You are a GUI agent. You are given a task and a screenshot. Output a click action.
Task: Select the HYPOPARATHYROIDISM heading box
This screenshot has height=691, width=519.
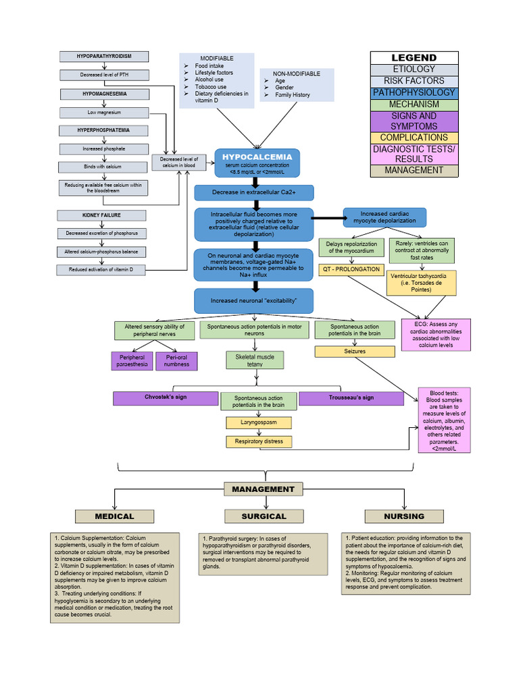click(x=103, y=57)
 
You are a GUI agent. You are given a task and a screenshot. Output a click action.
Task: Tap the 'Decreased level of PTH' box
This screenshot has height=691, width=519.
click(x=103, y=75)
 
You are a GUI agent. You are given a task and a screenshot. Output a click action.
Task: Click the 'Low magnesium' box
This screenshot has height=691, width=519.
click(x=103, y=112)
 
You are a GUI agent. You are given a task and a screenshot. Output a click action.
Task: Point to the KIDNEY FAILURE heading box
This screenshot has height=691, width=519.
click(x=102, y=215)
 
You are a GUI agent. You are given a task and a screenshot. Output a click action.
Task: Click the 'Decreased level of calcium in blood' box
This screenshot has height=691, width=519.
click(x=178, y=163)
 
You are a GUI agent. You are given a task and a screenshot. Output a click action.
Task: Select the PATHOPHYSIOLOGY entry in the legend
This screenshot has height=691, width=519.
click(x=414, y=92)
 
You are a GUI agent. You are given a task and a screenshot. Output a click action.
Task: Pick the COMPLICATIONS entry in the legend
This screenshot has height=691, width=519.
click(x=414, y=138)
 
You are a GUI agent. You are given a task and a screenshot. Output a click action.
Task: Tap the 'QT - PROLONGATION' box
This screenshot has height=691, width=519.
click(x=350, y=269)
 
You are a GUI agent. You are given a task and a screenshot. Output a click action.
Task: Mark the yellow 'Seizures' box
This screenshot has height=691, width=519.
click(x=354, y=351)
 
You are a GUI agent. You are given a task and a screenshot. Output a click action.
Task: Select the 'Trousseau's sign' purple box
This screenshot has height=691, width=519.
click(x=351, y=398)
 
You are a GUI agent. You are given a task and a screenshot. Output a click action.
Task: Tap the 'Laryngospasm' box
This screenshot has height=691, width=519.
click(x=259, y=423)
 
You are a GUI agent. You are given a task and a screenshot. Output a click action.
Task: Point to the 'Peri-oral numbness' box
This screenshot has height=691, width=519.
click(x=176, y=361)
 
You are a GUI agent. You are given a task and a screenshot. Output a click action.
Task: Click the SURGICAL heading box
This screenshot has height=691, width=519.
click(x=264, y=516)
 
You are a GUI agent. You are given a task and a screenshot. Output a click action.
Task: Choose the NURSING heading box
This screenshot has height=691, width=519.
click(x=404, y=516)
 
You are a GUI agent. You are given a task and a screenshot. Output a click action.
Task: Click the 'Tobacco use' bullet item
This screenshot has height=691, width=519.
click(x=210, y=87)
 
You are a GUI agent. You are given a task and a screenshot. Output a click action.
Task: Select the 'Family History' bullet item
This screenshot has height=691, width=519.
click(x=292, y=95)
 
